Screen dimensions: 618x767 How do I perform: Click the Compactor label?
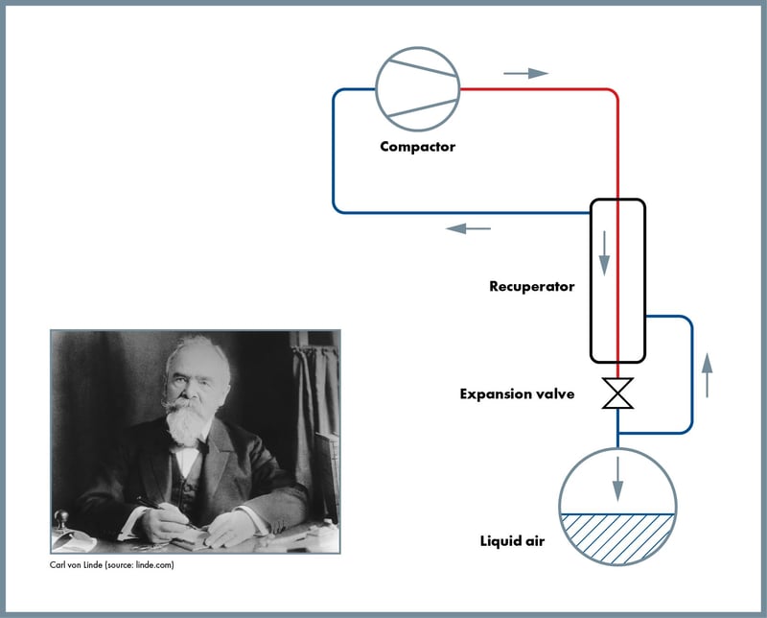[417, 147]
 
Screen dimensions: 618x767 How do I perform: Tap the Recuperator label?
[531, 286]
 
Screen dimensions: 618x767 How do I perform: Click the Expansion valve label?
[517, 393]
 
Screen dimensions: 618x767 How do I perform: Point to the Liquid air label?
[512, 542]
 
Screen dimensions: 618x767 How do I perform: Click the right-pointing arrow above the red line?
[524, 73]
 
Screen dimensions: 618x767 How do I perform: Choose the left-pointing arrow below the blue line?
[469, 228]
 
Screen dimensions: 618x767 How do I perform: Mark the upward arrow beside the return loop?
[708, 374]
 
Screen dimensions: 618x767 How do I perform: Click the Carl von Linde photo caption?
[112, 565]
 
